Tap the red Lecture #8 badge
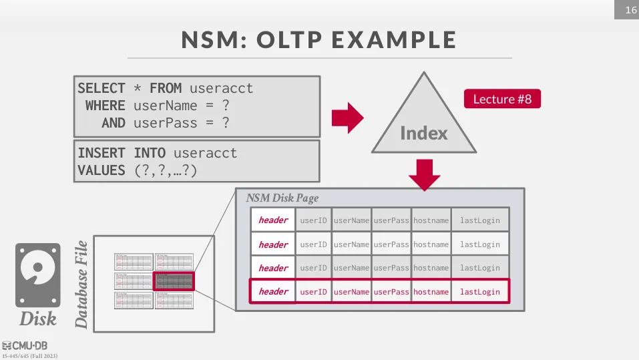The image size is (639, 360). (x=502, y=99)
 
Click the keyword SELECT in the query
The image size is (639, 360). (x=101, y=88)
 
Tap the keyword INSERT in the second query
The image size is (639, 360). (x=101, y=153)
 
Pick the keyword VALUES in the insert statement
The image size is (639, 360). (x=101, y=170)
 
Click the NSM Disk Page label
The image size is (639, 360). (x=282, y=198)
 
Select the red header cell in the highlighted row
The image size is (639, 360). (x=273, y=292)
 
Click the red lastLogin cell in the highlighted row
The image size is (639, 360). (x=479, y=292)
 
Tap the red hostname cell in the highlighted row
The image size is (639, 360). (x=431, y=292)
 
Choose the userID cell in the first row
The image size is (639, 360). (x=313, y=220)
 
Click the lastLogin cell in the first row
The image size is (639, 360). (x=479, y=220)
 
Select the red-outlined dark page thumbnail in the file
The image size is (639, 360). (x=173, y=281)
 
